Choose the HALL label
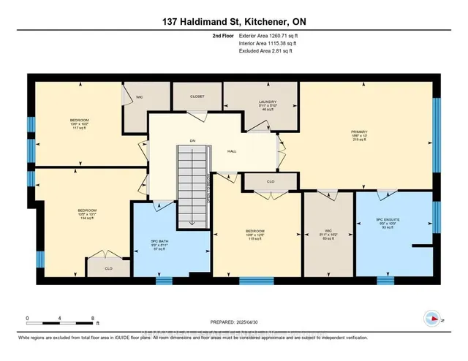(x=232, y=151)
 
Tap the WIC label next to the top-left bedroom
(x=137, y=96)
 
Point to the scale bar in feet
(x=61, y=319)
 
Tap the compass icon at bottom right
(x=432, y=317)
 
